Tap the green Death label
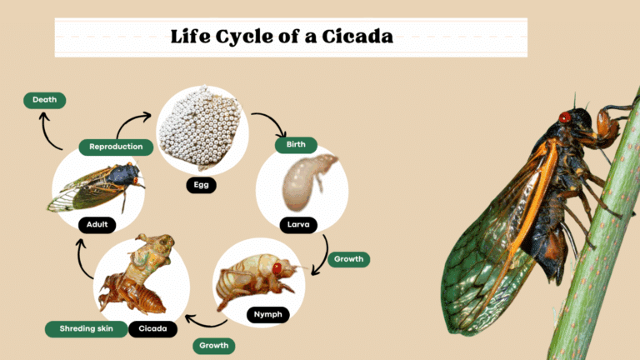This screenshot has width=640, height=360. tap(44, 100)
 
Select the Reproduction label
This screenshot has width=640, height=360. tap(116, 147)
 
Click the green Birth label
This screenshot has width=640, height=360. tap(296, 144)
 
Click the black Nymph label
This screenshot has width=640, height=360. tap(267, 314)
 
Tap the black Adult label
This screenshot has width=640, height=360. tap(97, 224)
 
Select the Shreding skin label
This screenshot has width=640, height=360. tap(86, 328)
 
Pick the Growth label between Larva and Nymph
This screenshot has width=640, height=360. tap(348, 259)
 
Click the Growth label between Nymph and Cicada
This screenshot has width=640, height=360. tap(213, 345)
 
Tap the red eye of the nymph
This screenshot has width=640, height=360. tap(277, 268)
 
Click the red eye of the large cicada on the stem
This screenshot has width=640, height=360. tap(565, 117)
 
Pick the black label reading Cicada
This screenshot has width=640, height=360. tap(153, 328)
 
